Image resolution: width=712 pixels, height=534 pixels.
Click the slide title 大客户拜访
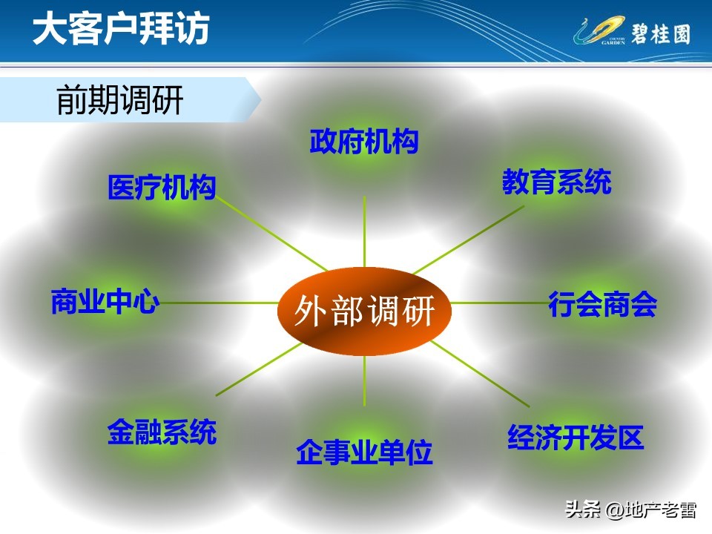tap(121, 30)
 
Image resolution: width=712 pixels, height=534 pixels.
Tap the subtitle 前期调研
tap(119, 101)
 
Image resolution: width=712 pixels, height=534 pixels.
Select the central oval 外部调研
tap(364, 311)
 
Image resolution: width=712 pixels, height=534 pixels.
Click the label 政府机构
tap(364, 141)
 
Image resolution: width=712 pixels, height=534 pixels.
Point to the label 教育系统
tap(556, 182)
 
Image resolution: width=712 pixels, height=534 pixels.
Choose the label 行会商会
tap(602, 304)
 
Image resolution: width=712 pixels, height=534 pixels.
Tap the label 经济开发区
tap(576, 438)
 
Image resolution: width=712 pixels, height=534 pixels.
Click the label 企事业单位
tap(364, 452)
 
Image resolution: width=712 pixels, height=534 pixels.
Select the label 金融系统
tap(162, 431)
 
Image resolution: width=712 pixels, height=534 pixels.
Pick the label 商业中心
tap(105, 302)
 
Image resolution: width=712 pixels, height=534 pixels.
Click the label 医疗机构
tap(162, 188)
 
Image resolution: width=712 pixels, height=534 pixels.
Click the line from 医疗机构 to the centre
tap(271, 234)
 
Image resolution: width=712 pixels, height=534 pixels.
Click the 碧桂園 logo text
tap(660, 34)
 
